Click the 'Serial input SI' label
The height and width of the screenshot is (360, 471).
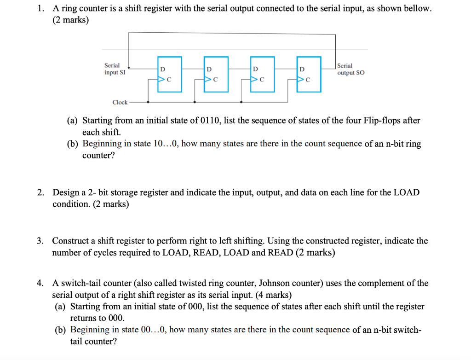pyautogui.click(x=112, y=69)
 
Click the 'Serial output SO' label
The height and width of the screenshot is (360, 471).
pyautogui.click(x=351, y=69)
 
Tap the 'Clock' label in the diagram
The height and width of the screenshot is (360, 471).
pyautogui.click(x=120, y=102)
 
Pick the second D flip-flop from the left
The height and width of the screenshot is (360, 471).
pyautogui.click(x=216, y=73)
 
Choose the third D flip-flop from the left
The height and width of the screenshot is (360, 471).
pyautogui.click(x=262, y=73)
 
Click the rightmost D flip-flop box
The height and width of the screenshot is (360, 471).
pyautogui.click(x=309, y=73)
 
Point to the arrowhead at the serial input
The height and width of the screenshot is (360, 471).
pyautogui.click(x=129, y=67)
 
